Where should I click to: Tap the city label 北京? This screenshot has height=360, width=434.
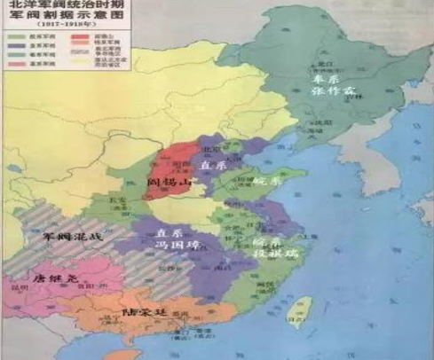pos(210,148)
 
